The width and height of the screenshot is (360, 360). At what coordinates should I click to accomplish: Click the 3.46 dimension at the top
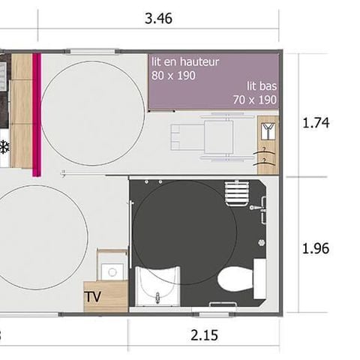(x=159, y=19)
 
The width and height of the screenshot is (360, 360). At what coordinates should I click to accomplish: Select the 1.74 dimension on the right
(x=315, y=122)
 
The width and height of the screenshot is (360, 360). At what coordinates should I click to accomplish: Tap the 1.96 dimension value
(x=315, y=247)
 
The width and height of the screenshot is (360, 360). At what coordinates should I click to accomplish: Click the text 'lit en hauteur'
(x=185, y=62)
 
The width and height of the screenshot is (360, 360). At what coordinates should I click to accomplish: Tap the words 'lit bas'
(x=262, y=85)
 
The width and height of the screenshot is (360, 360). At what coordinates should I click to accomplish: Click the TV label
(x=93, y=295)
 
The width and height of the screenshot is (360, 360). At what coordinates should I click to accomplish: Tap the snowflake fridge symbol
(x=4, y=146)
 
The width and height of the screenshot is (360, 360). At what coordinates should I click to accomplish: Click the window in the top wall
(x=91, y=51)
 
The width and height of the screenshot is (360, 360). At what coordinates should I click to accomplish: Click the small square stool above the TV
(x=112, y=270)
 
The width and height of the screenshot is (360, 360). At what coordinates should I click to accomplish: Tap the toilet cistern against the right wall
(x=259, y=277)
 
